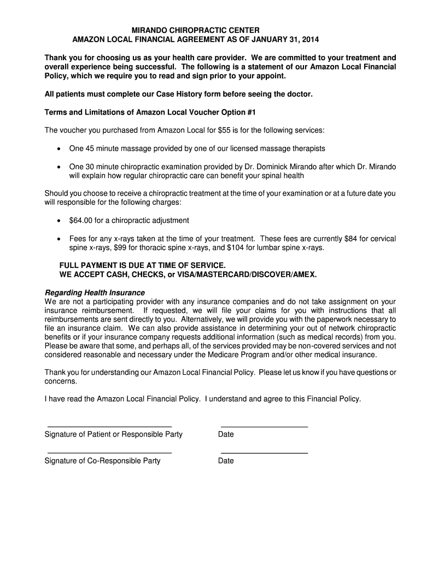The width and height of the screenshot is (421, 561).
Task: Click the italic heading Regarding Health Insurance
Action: pyautogui.click(x=95, y=293)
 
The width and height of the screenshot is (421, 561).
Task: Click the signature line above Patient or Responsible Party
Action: pyautogui.click(x=109, y=426)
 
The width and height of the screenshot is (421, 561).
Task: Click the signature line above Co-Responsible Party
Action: pyautogui.click(x=109, y=453)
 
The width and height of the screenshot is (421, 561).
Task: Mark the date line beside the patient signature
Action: pyautogui.click(x=264, y=426)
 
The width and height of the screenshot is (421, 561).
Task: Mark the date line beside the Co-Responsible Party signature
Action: pyautogui.click(x=264, y=453)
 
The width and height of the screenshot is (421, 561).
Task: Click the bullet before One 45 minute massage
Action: pyautogui.click(x=59, y=149)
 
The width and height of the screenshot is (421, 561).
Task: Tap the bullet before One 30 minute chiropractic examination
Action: pyautogui.click(x=59, y=167)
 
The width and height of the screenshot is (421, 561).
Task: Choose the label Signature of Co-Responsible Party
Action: pyautogui.click(x=102, y=461)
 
